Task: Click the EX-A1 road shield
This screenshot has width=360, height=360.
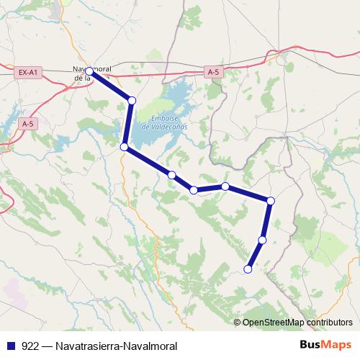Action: (x=29, y=72)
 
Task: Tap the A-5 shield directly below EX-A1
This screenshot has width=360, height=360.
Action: (x=28, y=124)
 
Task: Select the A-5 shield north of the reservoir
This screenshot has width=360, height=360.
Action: (x=212, y=72)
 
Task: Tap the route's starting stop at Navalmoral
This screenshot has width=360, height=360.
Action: (x=89, y=71)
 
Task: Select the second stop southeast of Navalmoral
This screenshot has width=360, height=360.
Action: (x=131, y=100)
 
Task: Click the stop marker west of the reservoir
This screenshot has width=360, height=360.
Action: (x=124, y=147)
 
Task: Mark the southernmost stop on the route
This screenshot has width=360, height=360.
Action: (x=248, y=269)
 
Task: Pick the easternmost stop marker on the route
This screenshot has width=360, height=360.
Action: (x=271, y=200)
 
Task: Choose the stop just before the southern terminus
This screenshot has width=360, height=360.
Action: (x=262, y=240)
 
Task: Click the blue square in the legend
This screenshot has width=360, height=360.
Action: (x=10, y=346)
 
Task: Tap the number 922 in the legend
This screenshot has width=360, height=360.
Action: (x=30, y=346)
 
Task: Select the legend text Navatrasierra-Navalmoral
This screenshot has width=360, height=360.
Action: (x=115, y=346)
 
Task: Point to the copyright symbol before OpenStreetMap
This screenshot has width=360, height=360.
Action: (x=237, y=322)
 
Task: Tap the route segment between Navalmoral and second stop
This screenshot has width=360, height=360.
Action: (x=109, y=86)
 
